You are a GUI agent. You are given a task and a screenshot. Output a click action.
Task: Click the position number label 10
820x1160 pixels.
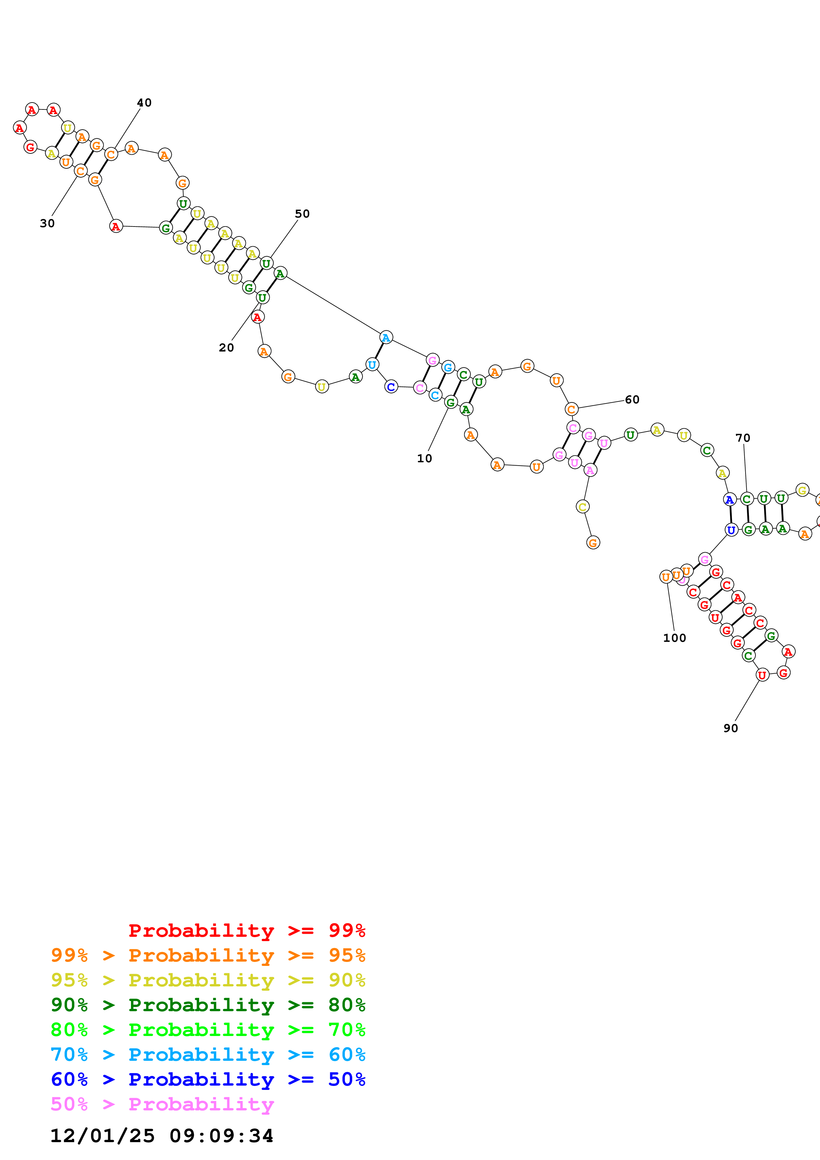click(x=424, y=458)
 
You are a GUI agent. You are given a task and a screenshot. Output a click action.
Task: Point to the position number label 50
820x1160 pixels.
click(x=302, y=214)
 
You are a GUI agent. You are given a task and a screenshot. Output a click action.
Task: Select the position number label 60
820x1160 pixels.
click(x=632, y=400)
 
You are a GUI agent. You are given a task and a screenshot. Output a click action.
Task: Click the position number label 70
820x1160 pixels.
click(x=743, y=438)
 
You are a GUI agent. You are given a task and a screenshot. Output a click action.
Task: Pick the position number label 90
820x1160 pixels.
click(x=731, y=728)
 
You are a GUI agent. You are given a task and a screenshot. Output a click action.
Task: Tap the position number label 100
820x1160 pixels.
click(x=674, y=638)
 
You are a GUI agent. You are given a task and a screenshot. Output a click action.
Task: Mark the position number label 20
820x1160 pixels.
click(x=226, y=348)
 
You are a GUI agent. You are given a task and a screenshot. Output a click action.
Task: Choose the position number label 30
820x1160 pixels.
click(x=47, y=223)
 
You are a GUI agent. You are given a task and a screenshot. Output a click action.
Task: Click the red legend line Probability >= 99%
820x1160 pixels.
click(x=246, y=930)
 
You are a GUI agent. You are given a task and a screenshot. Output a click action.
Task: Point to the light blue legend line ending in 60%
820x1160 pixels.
click(x=208, y=1055)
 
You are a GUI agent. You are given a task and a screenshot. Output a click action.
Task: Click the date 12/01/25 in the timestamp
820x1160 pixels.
click(x=102, y=1136)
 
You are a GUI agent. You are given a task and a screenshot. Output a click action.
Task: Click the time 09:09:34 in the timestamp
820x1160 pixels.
click(x=221, y=1136)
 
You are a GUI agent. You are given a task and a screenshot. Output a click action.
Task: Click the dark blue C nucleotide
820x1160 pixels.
click(x=391, y=387)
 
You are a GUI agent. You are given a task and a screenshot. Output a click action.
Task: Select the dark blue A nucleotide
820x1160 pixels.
click(x=730, y=500)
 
